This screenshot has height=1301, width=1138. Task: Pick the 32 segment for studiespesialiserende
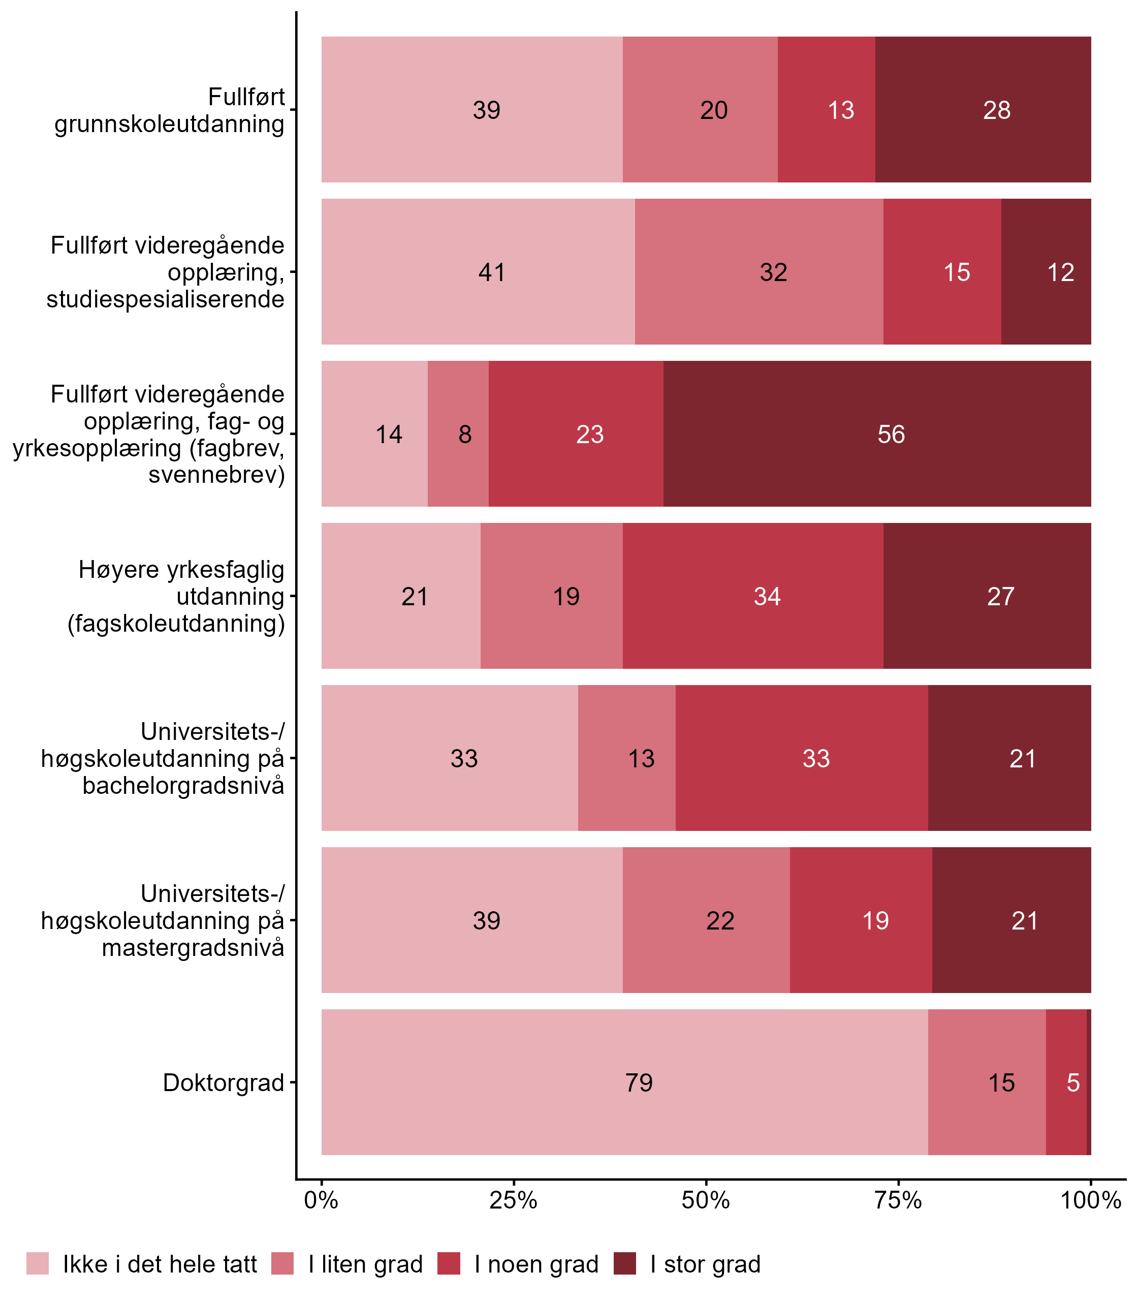(x=773, y=272)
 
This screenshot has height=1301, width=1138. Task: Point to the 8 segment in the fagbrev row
(x=465, y=435)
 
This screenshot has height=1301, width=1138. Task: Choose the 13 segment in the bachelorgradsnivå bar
(x=641, y=758)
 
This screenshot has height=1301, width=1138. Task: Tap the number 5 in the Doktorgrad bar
(x=1072, y=1082)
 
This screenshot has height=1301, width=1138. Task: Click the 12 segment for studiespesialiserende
(x=1060, y=272)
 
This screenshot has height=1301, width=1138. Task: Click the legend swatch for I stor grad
(x=624, y=1263)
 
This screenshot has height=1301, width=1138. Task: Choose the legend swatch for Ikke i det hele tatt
(x=38, y=1263)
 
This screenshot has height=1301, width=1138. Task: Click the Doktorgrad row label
(x=224, y=1082)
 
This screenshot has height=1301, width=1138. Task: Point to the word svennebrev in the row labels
(x=216, y=475)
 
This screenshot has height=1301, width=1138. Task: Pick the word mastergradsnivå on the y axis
(x=193, y=948)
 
